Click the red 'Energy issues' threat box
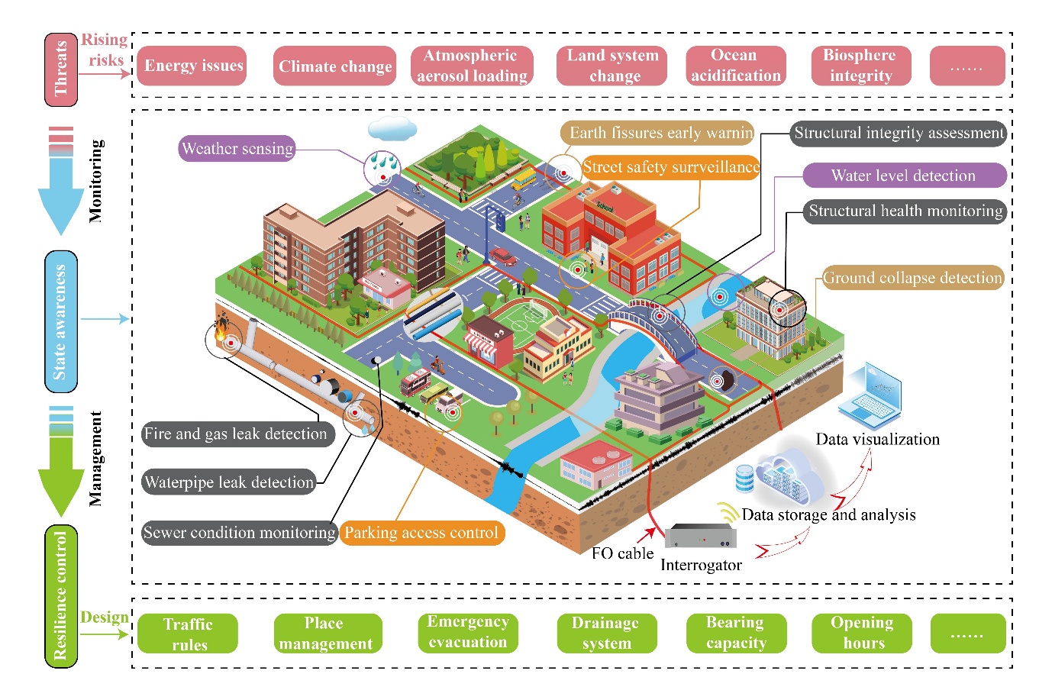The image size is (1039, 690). (192, 66)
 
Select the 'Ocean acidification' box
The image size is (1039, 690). (736, 66)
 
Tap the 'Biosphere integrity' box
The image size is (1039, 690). (861, 66)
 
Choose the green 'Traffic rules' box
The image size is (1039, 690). (188, 634)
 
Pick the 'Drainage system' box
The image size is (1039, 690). (607, 634)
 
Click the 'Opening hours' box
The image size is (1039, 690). (862, 634)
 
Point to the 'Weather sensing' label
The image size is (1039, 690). (237, 148)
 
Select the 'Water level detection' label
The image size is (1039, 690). (904, 176)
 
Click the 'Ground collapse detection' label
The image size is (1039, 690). (913, 277)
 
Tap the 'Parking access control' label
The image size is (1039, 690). (421, 532)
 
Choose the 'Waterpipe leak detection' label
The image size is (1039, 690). (229, 482)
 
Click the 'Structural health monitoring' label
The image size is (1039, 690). (905, 211)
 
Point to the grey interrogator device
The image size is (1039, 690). (700, 536)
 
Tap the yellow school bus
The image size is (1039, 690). (524, 179)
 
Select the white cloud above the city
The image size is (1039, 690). (392, 128)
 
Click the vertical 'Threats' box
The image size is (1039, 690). (61, 69)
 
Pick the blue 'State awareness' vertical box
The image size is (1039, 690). (61, 321)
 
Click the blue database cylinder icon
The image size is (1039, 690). (744, 479)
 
